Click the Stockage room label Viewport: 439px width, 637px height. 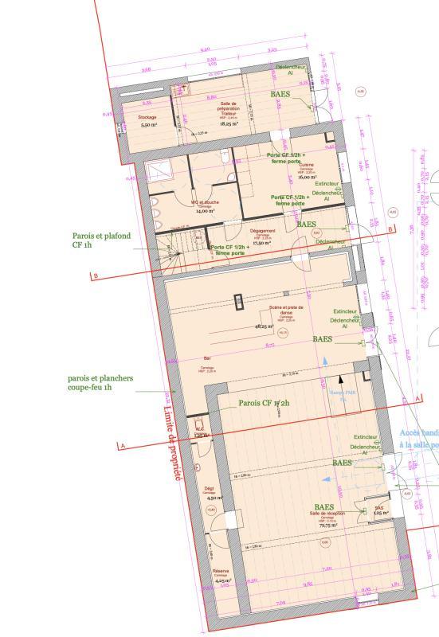pyautogui.click(x=147, y=117)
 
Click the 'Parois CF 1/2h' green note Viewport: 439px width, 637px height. pyautogui.click(x=264, y=404)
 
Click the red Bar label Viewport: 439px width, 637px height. pyautogui.click(x=207, y=358)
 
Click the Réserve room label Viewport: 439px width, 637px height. pyautogui.click(x=221, y=572)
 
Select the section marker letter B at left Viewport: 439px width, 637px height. pyautogui.click(x=96, y=276)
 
